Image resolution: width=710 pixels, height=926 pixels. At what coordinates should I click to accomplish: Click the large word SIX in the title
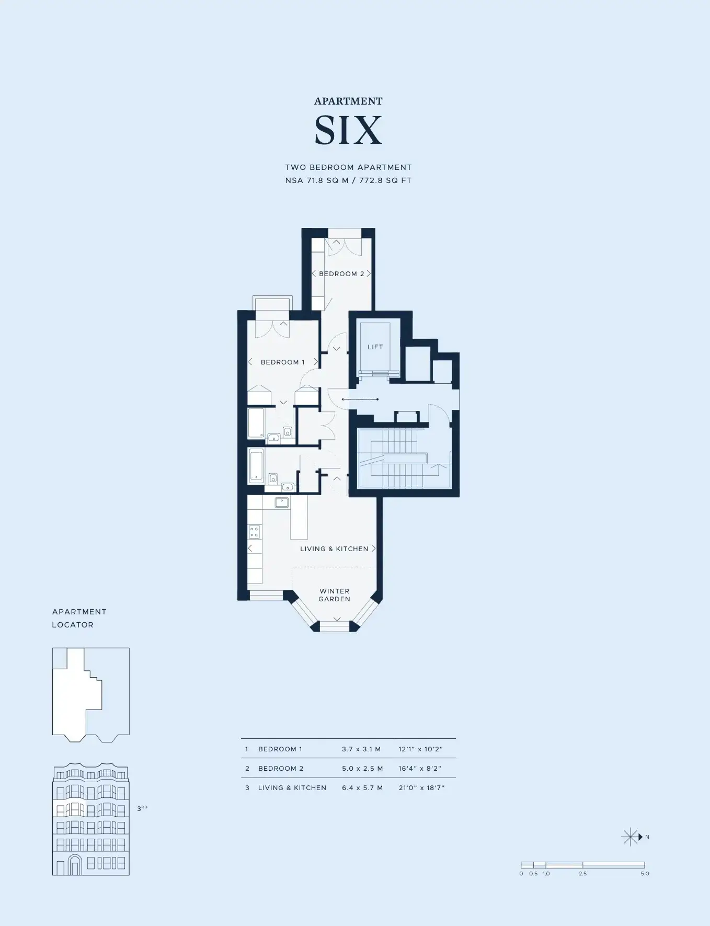click(348, 130)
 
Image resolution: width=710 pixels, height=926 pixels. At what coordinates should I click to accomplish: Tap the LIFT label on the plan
click(375, 347)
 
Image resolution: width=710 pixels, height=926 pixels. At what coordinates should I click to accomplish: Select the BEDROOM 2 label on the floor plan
click(341, 274)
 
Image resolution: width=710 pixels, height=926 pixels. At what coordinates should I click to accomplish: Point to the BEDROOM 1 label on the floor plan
click(283, 362)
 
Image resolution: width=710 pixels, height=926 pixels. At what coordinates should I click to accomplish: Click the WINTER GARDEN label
click(335, 595)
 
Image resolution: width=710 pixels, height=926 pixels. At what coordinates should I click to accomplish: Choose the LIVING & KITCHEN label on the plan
click(334, 549)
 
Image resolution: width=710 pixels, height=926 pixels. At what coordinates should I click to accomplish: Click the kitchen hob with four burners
click(255, 532)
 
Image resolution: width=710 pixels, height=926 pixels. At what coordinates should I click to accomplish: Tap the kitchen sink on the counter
click(282, 502)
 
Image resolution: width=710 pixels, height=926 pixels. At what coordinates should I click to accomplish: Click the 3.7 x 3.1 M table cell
click(361, 749)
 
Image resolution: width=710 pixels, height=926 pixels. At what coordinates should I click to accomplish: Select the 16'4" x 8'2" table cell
click(420, 769)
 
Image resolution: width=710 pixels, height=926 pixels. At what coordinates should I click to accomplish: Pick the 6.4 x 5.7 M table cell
click(362, 788)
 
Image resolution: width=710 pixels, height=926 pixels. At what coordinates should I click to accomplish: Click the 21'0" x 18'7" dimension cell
click(421, 788)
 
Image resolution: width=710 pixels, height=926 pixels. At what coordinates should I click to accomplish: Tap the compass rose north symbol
click(632, 837)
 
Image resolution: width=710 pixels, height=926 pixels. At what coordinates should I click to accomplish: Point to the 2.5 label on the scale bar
click(583, 874)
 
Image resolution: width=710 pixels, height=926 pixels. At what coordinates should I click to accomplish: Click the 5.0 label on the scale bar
click(645, 874)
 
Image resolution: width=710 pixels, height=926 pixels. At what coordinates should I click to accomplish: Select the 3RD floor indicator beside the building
click(142, 808)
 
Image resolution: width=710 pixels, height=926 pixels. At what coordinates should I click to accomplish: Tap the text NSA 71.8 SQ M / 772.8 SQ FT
click(348, 180)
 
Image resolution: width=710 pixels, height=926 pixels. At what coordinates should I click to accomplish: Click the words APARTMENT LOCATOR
click(79, 618)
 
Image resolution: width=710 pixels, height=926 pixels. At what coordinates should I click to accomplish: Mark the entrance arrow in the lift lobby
click(360, 399)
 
